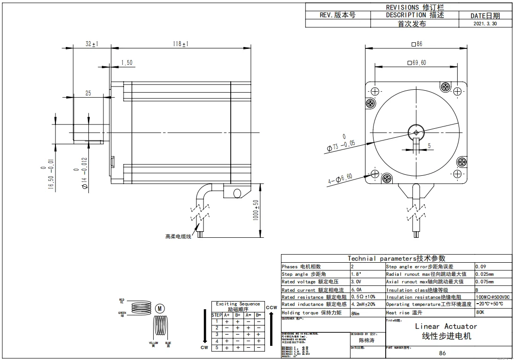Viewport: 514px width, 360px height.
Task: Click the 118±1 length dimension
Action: point(180,44)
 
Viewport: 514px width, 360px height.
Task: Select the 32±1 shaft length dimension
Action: point(91,44)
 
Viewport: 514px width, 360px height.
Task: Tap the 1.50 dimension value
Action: point(126,63)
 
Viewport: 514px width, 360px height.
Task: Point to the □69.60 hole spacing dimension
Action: point(416,63)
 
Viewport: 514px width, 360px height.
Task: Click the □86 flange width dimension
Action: point(417,44)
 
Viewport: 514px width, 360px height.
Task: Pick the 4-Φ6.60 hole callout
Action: point(340,179)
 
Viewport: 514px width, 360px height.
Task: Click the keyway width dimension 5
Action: point(428,146)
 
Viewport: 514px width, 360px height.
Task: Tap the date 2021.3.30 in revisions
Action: point(485,23)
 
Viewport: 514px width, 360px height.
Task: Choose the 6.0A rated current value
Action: point(357,290)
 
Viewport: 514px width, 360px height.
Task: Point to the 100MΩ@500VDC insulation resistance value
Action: point(493,297)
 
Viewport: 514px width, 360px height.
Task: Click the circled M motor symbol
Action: point(160,309)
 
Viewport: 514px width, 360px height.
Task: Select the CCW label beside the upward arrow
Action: point(271,307)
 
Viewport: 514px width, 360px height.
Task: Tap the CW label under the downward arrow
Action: point(204,348)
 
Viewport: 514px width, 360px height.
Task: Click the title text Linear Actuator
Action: point(446,326)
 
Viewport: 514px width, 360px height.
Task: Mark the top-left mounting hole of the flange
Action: point(375,91)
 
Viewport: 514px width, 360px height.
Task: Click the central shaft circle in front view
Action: point(416,131)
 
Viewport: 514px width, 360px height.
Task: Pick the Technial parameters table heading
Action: point(396,258)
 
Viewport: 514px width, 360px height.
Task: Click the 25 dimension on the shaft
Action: point(88,94)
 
